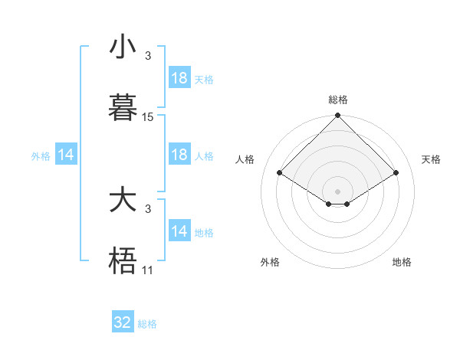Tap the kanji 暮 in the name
[x=123, y=108]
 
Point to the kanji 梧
[x=123, y=261]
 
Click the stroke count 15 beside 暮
[x=148, y=117]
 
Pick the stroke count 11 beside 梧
[x=148, y=270]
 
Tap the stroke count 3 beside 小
[x=148, y=55]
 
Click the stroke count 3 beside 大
[x=148, y=208]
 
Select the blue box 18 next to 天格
[x=179, y=78]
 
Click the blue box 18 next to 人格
[x=179, y=155]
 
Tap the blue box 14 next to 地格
[x=179, y=231]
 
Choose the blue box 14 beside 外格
[x=65, y=155]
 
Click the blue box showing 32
[x=123, y=322]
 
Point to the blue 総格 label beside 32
[x=147, y=324]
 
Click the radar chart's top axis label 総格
[x=338, y=100]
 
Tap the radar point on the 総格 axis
[x=338, y=116]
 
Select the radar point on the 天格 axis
[x=396, y=173]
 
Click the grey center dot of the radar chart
[x=338, y=191]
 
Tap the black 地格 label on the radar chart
[x=402, y=262]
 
